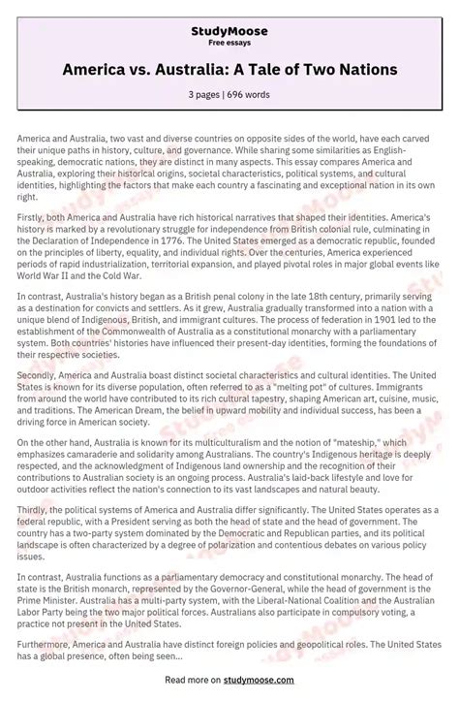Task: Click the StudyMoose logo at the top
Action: (x=229, y=31)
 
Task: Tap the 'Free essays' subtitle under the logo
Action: (x=229, y=44)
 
